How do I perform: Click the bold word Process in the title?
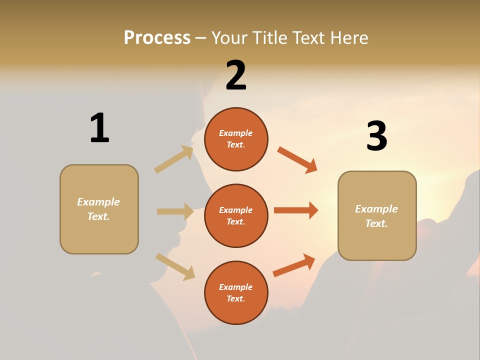(x=157, y=38)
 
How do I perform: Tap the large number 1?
(x=99, y=128)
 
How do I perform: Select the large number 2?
(x=236, y=75)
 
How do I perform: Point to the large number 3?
(x=376, y=136)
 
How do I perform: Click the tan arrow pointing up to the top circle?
(x=174, y=159)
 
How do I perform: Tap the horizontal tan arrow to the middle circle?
(x=175, y=211)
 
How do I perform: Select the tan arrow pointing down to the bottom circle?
(x=175, y=266)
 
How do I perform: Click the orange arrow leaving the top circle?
(x=297, y=159)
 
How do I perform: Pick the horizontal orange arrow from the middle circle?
(x=296, y=210)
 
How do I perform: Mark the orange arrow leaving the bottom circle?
(x=294, y=265)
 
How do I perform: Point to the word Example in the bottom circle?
(x=235, y=287)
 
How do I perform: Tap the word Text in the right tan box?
(x=375, y=223)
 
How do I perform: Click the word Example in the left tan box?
(x=98, y=202)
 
